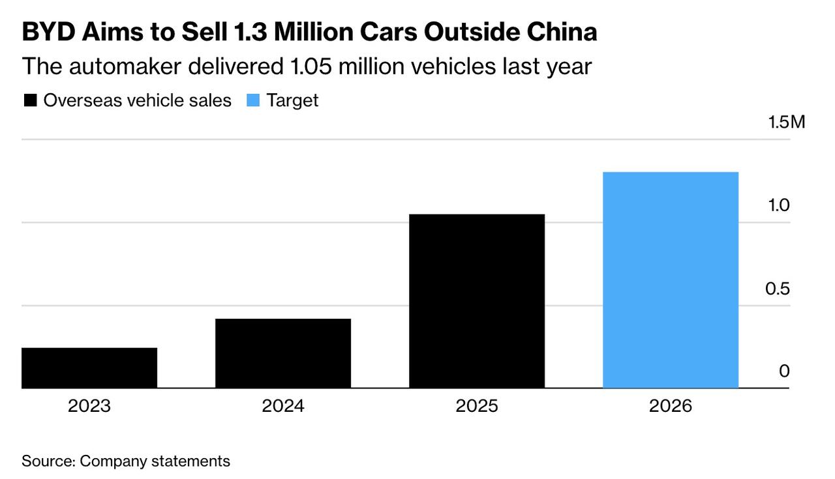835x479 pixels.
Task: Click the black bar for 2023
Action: (x=89, y=368)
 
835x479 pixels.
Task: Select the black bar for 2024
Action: (x=283, y=353)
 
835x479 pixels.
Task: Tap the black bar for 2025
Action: (x=477, y=301)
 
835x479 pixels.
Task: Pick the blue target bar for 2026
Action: (x=671, y=280)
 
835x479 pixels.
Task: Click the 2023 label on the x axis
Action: (x=89, y=406)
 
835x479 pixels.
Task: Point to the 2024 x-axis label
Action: (x=283, y=406)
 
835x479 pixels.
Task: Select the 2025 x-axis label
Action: (x=477, y=406)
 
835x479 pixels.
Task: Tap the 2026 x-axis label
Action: (x=671, y=406)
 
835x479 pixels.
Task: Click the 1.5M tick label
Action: (x=786, y=122)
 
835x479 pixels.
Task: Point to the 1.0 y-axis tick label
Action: (x=778, y=205)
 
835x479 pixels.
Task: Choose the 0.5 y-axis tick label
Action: (x=778, y=289)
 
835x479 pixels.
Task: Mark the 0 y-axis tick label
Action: (x=784, y=371)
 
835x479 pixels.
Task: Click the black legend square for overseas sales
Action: (x=30, y=100)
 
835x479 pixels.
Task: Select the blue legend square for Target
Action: (x=253, y=100)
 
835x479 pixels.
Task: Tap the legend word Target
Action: (x=292, y=100)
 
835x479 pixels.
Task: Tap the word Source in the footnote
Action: (x=48, y=461)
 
